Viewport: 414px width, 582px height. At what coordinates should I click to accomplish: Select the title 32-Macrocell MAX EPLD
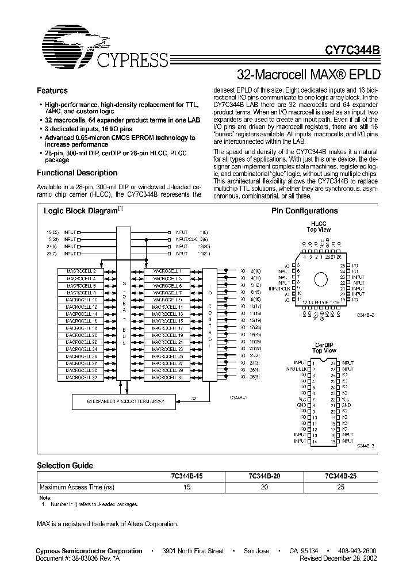click(x=308, y=75)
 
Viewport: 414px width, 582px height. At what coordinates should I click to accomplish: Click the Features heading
click(x=52, y=91)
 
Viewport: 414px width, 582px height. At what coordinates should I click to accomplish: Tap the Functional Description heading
click(x=77, y=173)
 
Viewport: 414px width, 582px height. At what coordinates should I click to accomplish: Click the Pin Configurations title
click(x=305, y=211)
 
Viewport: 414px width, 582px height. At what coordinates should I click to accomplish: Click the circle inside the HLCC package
click(x=323, y=279)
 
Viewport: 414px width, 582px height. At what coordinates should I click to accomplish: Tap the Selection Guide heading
click(x=65, y=465)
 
